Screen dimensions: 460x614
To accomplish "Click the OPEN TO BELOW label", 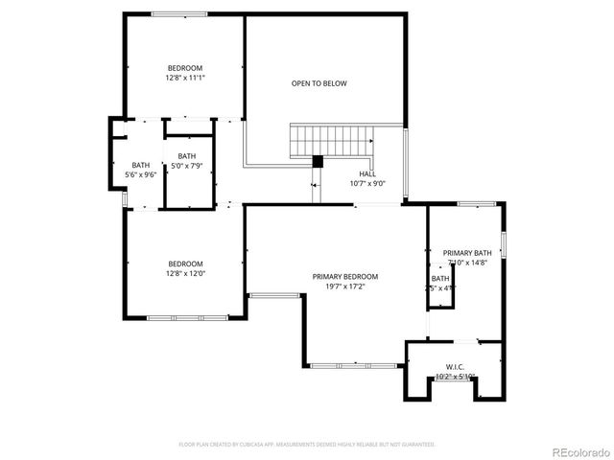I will [319, 83].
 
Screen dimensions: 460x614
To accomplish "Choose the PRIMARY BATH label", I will [467, 253].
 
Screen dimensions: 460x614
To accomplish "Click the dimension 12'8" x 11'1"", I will [185, 78].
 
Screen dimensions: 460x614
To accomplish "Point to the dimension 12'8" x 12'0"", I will [185, 273].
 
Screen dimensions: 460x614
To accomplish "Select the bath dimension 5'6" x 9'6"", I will [141, 174].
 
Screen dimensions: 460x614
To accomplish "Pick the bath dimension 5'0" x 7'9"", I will [186, 166].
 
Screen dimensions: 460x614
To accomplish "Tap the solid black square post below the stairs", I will [318, 161].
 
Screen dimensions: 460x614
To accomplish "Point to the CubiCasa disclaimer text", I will [307, 445].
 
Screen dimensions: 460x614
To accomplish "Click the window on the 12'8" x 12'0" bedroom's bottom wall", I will [187, 316].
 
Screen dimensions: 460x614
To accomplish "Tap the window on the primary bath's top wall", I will [476, 203].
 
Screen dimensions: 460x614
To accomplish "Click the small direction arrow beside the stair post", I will [314, 184].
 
